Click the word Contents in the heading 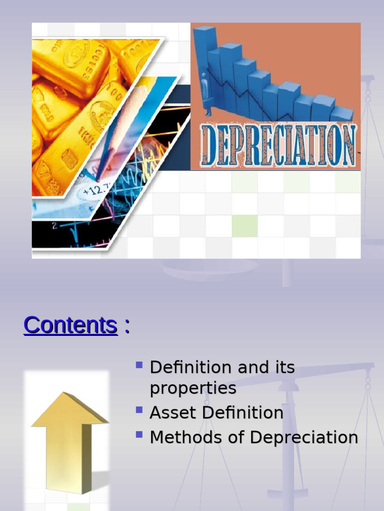point(70,325)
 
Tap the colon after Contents point(126,326)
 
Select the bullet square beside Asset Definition point(139,410)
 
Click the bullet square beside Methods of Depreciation point(139,435)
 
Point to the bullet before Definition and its point(139,365)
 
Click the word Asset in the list point(168,413)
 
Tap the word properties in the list point(193,389)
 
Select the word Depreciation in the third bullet point(304,438)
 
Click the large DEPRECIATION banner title point(278,145)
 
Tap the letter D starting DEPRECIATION point(209,145)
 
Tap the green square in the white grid point(244,226)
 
